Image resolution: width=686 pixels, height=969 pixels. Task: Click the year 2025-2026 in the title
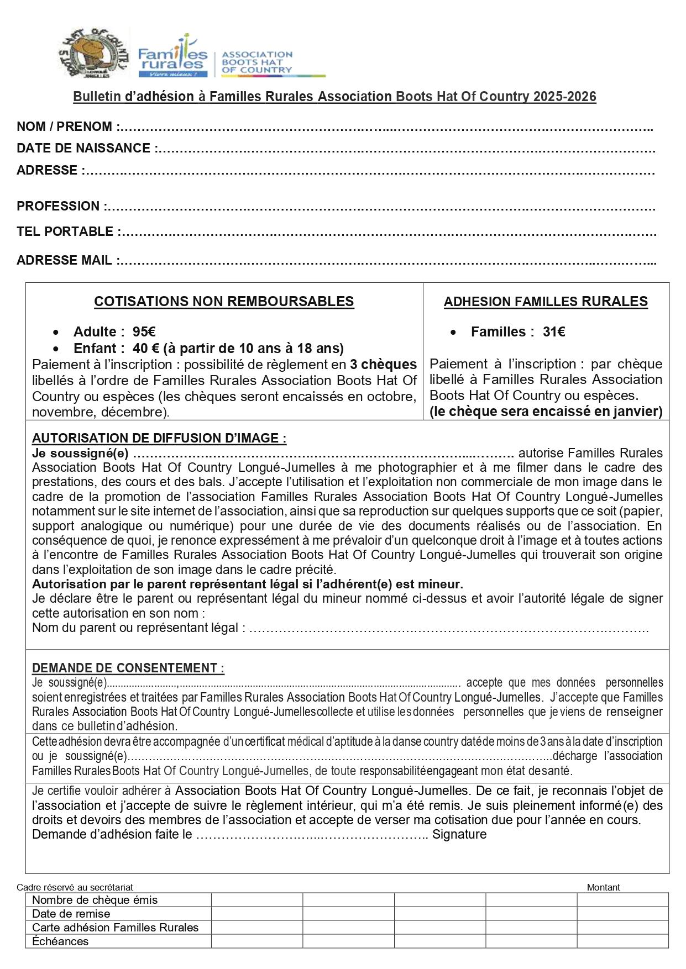click(x=564, y=97)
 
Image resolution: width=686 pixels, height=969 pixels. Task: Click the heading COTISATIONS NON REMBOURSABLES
click(x=224, y=301)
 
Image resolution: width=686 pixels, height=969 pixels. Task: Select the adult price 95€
click(x=144, y=332)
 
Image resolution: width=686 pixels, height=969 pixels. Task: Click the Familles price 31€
click(x=553, y=332)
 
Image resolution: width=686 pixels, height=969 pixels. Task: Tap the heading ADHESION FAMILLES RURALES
click(x=546, y=301)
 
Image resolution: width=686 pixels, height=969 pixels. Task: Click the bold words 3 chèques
click(x=383, y=365)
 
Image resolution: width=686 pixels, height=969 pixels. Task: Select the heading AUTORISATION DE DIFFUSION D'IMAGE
click(x=159, y=438)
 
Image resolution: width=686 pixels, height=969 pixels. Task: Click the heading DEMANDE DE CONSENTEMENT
click(x=128, y=668)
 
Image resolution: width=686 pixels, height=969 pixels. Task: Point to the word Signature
click(x=459, y=834)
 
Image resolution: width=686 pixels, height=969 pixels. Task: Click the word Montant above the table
click(x=603, y=887)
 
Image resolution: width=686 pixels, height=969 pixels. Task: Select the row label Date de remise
click(x=71, y=914)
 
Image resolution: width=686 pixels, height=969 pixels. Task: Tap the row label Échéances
click(x=60, y=941)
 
